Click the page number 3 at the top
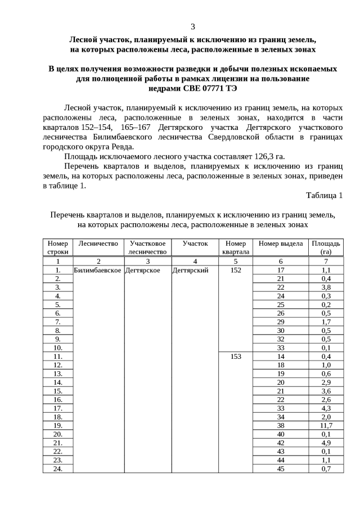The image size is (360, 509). [x=192, y=26]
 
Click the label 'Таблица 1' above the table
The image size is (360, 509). [x=324, y=195]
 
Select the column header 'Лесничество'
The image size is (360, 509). [x=98, y=244]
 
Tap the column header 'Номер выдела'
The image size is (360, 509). [x=281, y=244]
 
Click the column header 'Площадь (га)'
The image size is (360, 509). [x=326, y=247]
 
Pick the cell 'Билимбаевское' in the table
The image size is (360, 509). [x=98, y=270]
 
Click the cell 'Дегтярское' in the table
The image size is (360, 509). [x=143, y=270]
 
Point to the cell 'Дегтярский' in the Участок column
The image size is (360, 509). [x=191, y=270]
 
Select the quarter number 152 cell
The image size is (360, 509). [x=236, y=270]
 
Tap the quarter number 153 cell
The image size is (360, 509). [x=236, y=357]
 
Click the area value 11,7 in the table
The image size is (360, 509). [x=326, y=425]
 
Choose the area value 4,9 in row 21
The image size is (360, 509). [x=326, y=443]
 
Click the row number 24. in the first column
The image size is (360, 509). [x=57, y=469]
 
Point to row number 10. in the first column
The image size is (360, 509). [x=57, y=348]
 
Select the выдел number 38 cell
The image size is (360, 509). [x=281, y=425]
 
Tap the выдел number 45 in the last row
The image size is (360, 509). [x=281, y=469]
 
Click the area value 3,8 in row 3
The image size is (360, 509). [x=326, y=287]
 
